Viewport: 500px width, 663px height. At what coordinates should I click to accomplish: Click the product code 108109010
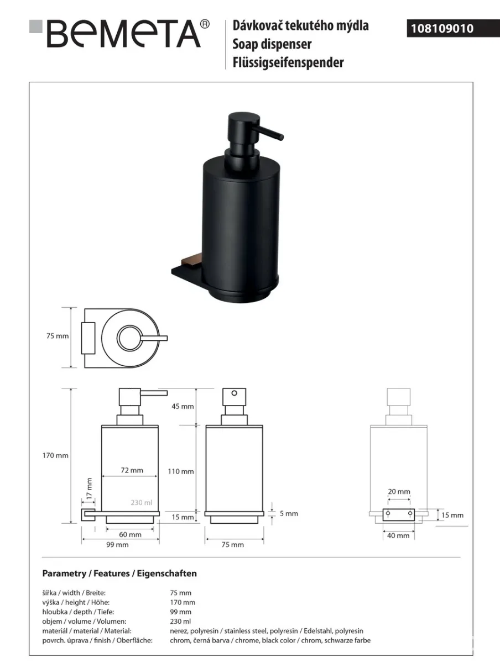[x=442, y=28]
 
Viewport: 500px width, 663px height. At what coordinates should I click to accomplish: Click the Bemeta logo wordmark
[x=123, y=34]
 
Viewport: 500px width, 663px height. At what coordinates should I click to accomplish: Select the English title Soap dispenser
[x=272, y=44]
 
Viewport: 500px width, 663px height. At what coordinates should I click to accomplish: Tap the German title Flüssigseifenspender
[x=288, y=63]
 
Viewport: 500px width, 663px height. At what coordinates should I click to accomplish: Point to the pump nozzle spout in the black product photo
[x=269, y=133]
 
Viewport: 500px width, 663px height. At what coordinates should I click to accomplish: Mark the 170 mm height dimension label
[x=55, y=455]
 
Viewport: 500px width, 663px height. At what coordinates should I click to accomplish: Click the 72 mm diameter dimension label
[x=132, y=470]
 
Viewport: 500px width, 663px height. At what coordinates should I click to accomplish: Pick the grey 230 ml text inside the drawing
[x=142, y=502]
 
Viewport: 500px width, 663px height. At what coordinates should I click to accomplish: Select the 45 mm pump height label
[x=183, y=406]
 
